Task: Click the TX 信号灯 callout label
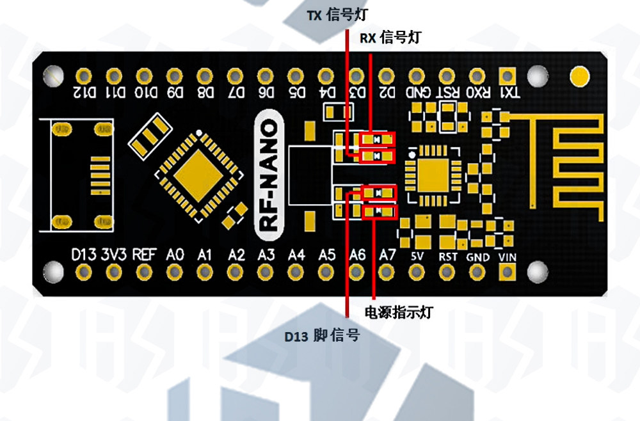pos(337,15)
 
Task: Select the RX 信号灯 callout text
pos(390,38)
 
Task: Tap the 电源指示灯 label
pos(398,312)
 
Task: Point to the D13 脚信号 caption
pos(322,335)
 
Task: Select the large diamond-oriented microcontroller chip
pos(199,176)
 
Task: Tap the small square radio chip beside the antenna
pos(433,175)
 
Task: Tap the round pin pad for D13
pos(84,272)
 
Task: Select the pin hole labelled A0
pos(174,272)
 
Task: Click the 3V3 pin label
pos(114,255)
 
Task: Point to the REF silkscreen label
pos(145,255)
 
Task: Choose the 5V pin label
pos(417,256)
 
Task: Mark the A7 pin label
pos(387,255)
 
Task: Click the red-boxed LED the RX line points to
pos(378,139)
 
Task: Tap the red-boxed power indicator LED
pos(380,211)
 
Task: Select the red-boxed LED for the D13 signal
pos(379,193)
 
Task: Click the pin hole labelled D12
pos(84,76)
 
